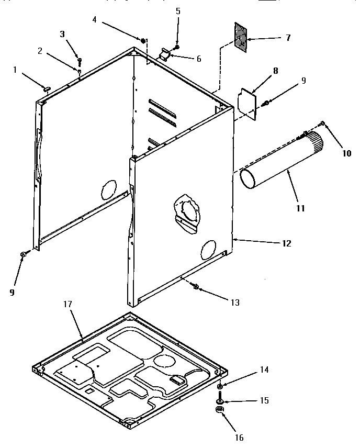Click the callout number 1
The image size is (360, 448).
pos(16,70)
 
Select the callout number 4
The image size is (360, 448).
pos(94,20)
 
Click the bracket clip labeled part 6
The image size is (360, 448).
pos(165,54)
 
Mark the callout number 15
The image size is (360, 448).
pos(264,400)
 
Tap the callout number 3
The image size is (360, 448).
pos(62,35)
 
